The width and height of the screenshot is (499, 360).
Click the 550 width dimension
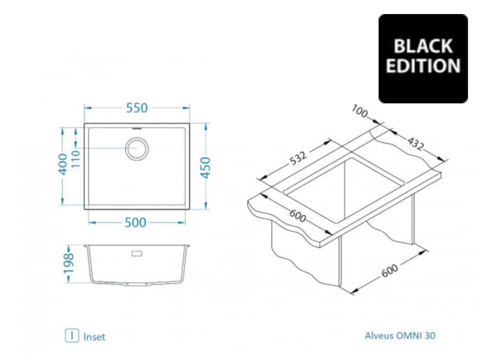tap(137, 108)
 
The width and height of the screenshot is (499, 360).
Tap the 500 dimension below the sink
tap(135, 223)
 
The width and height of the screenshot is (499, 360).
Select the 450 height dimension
tap(206, 168)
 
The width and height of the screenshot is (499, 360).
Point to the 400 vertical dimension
tap(63, 164)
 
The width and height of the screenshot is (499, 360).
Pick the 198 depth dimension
tap(69, 263)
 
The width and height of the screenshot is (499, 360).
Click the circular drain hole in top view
tap(137, 149)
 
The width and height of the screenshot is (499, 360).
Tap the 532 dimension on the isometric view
tap(298, 158)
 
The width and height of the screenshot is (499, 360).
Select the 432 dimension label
tap(415, 144)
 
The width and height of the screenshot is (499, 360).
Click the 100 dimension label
tap(360, 111)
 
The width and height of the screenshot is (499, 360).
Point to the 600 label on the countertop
tap(298, 216)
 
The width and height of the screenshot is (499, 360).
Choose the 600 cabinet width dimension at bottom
tap(389, 271)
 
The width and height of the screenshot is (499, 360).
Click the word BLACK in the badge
tap(423, 47)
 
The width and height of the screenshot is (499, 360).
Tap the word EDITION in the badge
tap(423, 66)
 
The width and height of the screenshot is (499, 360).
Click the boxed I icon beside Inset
tap(72, 336)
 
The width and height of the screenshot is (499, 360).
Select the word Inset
tap(94, 337)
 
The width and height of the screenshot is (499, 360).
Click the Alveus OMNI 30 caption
tap(400, 336)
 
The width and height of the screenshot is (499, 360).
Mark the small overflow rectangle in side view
tap(137, 253)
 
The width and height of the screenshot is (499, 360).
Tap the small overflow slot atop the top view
tap(137, 129)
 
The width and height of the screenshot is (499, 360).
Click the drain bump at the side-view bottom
tap(137, 284)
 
